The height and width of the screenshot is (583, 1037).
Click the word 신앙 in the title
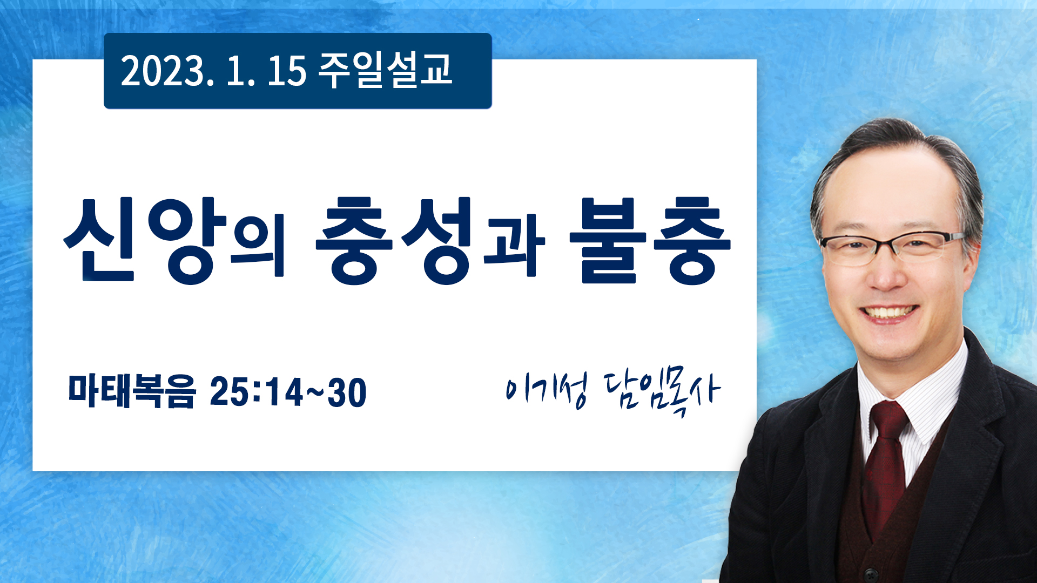145,240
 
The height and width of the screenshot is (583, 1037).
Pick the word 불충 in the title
650,240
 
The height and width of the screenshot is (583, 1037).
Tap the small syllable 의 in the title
257,249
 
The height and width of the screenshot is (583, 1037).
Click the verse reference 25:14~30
288,391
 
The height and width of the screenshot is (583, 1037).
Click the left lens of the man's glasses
847,251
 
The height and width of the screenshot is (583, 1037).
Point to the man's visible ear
972,254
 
